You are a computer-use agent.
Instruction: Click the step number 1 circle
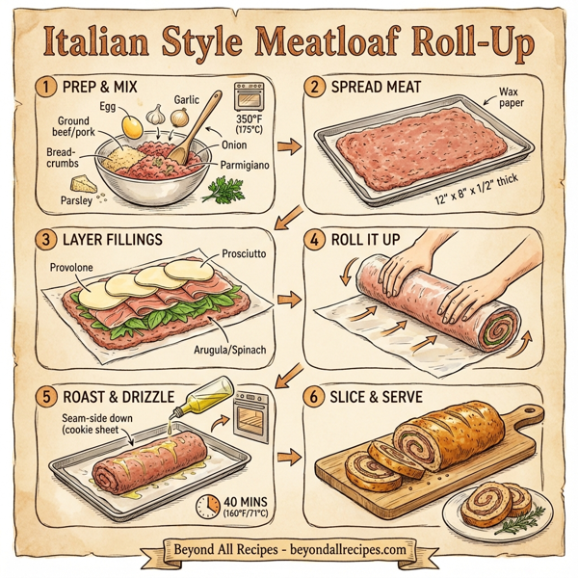[x=43, y=88]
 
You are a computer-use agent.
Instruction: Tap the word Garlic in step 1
[x=189, y=99]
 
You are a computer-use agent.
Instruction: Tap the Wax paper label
[x=508, y=99]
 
